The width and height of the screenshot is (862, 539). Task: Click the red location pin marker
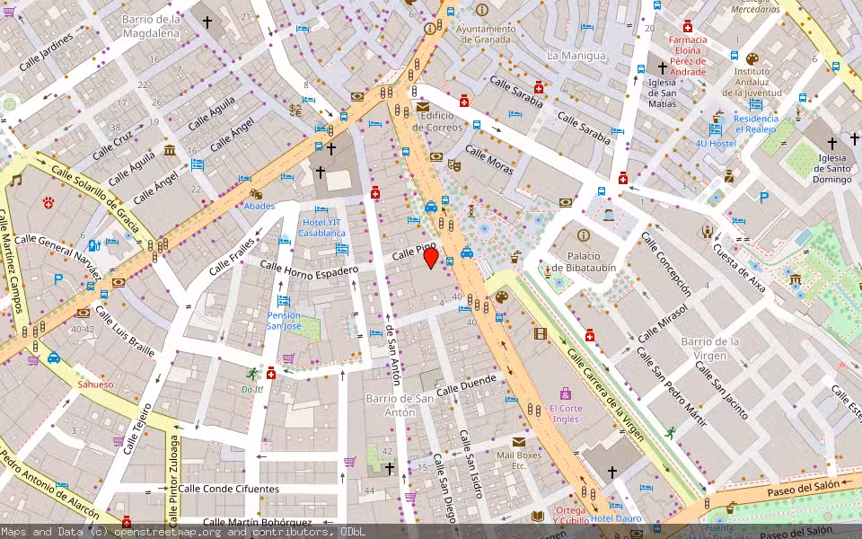coord(431,258)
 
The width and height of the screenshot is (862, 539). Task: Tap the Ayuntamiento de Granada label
coord(486,34)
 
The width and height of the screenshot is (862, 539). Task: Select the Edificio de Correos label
coord(437,121)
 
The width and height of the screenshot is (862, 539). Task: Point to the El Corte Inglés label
coord(565,414)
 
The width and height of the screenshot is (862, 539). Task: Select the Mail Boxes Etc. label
coord(519,460)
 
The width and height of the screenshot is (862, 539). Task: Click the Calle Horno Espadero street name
coord(309,267)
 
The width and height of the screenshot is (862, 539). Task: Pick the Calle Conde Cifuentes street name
coord(228,489)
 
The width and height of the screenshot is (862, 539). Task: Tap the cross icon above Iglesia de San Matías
coord(663,67)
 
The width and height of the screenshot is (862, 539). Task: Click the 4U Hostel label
coord(715,144)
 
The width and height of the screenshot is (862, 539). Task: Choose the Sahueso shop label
coord(95,384)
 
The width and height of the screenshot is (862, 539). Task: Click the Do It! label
coord(252,389)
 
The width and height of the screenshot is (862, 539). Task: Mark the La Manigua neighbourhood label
coord(576,56)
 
